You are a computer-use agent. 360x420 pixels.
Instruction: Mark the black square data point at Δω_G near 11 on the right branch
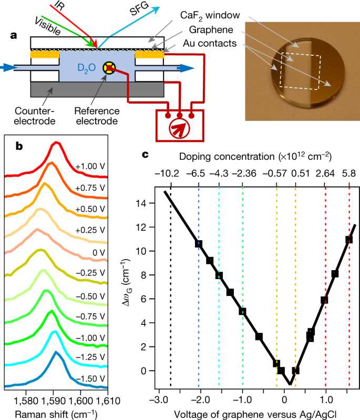(x=348, y=240)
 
